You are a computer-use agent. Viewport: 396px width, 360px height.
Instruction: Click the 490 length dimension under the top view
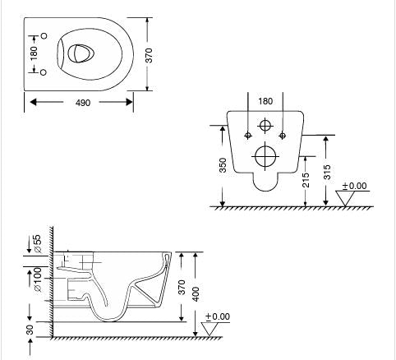coord(82,103)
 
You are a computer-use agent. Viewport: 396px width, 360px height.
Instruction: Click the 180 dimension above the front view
coord(265,102)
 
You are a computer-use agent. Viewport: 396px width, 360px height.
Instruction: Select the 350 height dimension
coord(222,165)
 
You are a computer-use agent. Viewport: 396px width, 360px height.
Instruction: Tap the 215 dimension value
coord(305,179)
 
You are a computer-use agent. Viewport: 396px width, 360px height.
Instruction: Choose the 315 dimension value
coord(329,170)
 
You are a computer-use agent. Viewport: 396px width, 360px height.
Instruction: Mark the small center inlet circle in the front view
coord(265,127)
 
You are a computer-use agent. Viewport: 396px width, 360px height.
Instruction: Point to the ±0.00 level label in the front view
coord(355,187)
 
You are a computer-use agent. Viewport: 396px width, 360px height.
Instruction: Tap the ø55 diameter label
coord(35,244)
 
